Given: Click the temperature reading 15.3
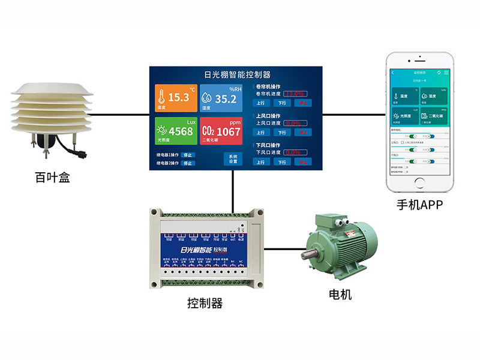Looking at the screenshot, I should click(179, 97).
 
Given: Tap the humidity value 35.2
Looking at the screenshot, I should click(226, 99).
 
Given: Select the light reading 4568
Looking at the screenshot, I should click(181, 131).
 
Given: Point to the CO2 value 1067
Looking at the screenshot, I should click(228, 131).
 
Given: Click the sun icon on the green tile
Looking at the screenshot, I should click(161, 130).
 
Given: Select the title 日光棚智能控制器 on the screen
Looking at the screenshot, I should click(237, 75).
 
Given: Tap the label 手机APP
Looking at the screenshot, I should click(419, 205).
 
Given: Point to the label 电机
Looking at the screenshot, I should click(340, 295).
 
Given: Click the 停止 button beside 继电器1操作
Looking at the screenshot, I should click(188, 154).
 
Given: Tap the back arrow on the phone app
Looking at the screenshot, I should click(393, 73).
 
